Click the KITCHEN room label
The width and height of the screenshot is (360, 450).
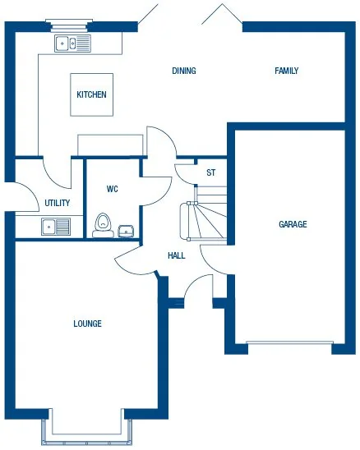click(x=91, y=95)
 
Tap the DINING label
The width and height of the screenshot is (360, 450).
click(x=184, y=71)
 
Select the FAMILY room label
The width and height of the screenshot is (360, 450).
click(x=286, y=71)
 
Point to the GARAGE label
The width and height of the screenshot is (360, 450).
click(x=293, y=224)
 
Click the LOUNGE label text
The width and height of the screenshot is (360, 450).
click(x=87, y=324)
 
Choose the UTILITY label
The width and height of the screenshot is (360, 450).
click(x=58, y=203)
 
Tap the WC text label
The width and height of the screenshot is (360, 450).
click(x=113, y=189)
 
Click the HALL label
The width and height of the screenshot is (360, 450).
click(x=176, y=255)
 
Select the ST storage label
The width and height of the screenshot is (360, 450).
click(x=211, y=172)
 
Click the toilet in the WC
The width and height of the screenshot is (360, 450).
click(x=103, y=223)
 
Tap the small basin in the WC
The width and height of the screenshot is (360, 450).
click(x=126, y=231)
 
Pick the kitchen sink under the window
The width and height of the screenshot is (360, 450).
click(x=72, y=44)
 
